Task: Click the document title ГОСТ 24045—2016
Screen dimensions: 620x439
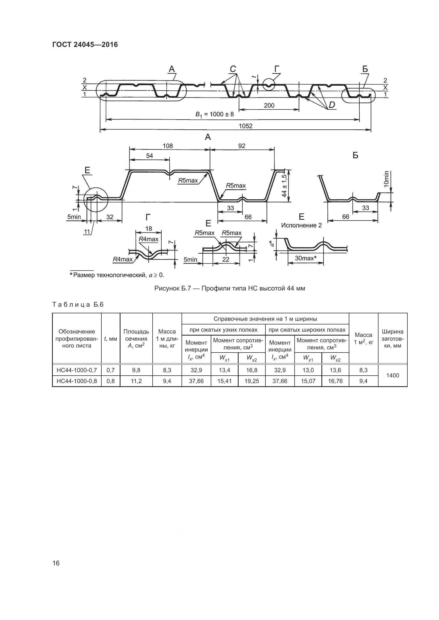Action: click(85, 45)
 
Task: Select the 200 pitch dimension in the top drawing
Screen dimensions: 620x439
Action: click(269, 105)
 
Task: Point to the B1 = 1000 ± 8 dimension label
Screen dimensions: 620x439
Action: click(215, 115)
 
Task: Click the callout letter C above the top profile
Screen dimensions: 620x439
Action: click(233, 69)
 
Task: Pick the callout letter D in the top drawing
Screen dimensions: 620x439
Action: click(332, 105)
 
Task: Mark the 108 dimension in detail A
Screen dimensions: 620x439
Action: click(167, 146)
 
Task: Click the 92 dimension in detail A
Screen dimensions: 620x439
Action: click(242, 146)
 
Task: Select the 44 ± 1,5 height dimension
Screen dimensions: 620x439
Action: click(284, 186)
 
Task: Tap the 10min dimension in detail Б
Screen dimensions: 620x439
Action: click(386, 178)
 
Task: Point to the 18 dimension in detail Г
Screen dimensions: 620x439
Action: click(148, 229)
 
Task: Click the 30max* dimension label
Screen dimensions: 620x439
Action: click(305, 258)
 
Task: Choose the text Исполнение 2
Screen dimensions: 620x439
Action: click(302, 226)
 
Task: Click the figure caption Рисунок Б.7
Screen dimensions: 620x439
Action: click(230, 288)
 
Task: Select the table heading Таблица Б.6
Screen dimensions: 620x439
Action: click(78, 305)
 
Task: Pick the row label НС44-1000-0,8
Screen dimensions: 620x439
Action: click(77, 381)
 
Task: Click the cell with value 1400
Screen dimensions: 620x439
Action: click(393, 375)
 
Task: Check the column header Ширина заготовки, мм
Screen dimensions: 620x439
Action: click(393, 338)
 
